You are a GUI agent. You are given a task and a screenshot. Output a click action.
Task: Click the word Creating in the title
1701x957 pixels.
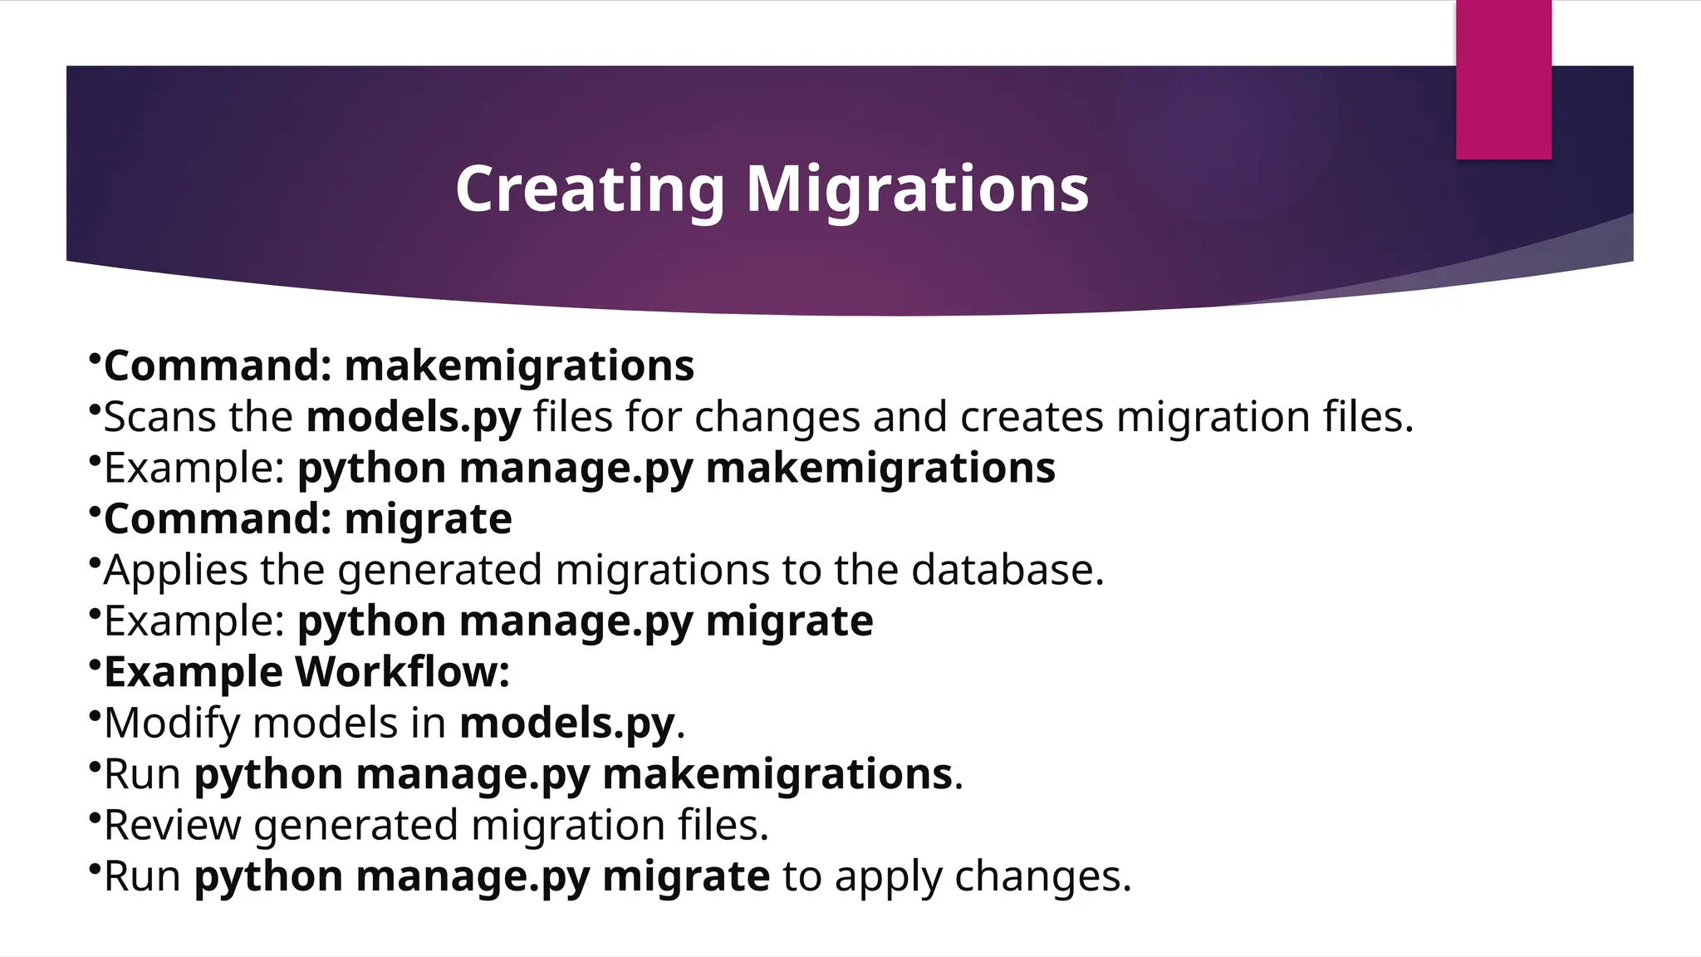pos(590,189)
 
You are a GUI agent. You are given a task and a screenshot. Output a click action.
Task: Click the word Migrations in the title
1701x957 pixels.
pos(917,189)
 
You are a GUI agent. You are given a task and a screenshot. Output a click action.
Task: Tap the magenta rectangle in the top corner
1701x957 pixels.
pos(1503,79)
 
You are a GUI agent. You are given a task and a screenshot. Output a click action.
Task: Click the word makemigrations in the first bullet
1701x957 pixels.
pos(519,366)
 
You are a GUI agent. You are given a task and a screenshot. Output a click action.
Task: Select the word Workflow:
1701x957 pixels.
pos(402,671)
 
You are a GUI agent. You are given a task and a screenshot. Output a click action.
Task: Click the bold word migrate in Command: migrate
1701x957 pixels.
pos(428,520)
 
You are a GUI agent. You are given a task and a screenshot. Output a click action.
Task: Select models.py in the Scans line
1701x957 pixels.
pos(414,418)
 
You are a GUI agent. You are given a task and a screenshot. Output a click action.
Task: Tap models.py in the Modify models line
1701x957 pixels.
pos(566,724)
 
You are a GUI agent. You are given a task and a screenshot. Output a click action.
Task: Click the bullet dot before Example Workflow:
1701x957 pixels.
pos(95,663)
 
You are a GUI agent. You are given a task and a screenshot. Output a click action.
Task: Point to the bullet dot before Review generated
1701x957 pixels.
pos(95,816)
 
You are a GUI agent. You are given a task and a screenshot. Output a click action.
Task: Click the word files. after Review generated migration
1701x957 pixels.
pos(723,825)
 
